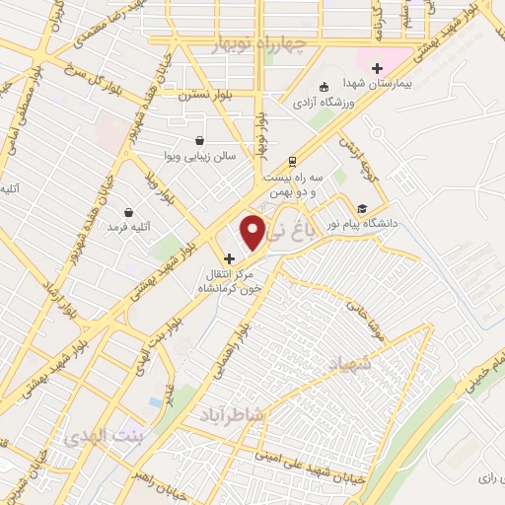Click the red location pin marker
253,231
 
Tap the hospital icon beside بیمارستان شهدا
377,68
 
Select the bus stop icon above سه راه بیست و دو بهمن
292,163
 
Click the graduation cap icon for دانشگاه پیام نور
362,208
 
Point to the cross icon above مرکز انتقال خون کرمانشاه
230,258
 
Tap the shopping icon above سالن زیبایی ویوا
200,141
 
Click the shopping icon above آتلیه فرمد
128,211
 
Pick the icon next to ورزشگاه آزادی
327,86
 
